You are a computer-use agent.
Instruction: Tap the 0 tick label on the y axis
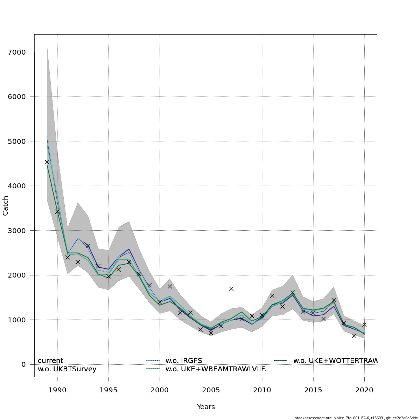(x=23, y=364)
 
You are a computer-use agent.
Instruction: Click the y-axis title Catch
(x=6, y=206)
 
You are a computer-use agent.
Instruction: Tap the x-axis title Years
(x=206, y=407)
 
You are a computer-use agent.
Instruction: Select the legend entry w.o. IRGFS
(x=184, y=360)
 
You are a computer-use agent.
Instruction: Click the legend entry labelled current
(x=50, y=360)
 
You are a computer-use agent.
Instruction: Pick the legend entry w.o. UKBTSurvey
(x=67, y=369)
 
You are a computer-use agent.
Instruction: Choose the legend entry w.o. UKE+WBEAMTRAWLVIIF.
(x=216, y=369)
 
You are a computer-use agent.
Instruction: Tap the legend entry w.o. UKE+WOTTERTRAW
(x=335, y=360)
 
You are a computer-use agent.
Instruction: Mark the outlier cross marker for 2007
(x=231, y=289)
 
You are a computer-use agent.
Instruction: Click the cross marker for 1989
(x=47, y=162)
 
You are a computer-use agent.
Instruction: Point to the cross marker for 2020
(x=364, y=325)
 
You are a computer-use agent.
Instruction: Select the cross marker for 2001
(x=170, y=286)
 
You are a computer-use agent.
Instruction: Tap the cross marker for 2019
(x=354, y=336)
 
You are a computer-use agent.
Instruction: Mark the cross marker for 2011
(x=272, y=296)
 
